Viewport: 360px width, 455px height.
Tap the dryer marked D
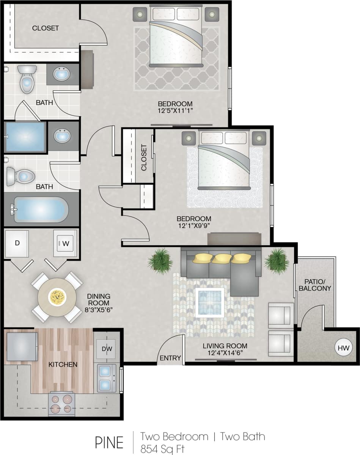17,244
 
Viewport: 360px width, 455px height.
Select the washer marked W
65,244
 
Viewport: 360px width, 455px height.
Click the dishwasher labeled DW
106,348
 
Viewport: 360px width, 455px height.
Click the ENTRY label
170,358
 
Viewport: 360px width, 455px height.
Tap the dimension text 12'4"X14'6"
225,353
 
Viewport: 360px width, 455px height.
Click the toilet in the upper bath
27,79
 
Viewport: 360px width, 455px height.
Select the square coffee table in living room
210,302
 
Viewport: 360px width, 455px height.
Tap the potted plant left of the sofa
160,261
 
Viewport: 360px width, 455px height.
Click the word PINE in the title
109,442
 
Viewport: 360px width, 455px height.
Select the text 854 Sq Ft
162,449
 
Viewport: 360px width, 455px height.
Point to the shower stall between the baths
24,137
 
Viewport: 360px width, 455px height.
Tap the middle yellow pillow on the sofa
222,258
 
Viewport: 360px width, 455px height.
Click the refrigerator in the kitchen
22,346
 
